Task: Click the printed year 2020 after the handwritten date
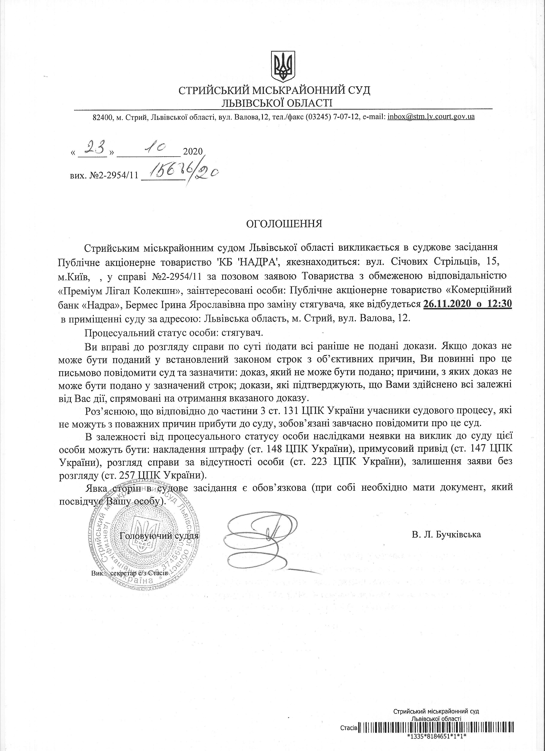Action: [x=192, y=152]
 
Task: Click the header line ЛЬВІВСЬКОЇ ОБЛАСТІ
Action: [x=277, y=103]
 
